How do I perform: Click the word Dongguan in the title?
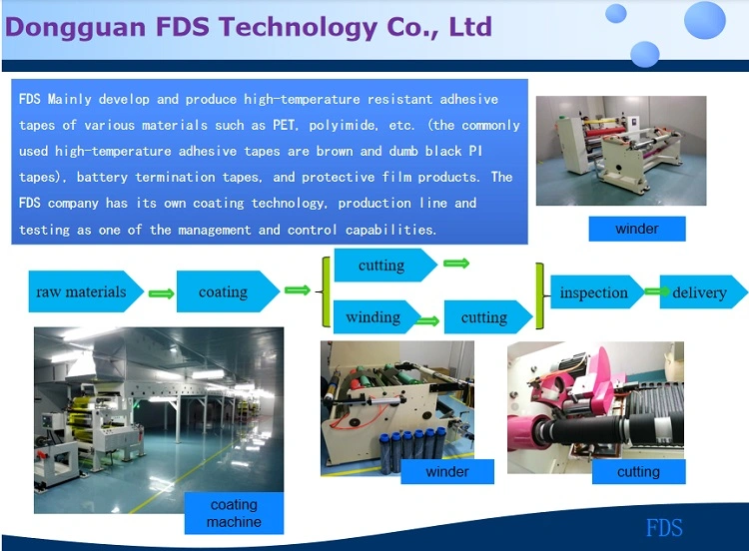click(x=76, y=28)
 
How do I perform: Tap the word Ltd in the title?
click(x=470, y=26)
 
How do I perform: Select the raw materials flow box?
click(x=86, y=291)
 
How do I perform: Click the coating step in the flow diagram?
click(x=228, y=291)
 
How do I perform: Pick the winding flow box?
click(x=377, y=317)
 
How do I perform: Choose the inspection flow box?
click(x=597, y=291)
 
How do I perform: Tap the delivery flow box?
click(x=704, y=291)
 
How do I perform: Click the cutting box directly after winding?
click(x=488, y=317)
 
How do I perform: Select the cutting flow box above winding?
click(x=385, y=265)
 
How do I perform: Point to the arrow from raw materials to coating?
click(x=161, y=293)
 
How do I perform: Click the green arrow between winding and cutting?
click(x=427, y=320)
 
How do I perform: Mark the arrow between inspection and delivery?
click(x=657, y=291)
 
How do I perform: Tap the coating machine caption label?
click(x=234, y=513)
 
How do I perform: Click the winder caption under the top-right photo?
click(x=637, y=229)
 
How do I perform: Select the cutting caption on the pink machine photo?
click(x=639, y=472)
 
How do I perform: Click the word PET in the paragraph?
click(x=283, y=125)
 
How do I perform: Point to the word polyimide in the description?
click(x=343, y=126)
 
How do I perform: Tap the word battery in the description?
click(x=102, y=178)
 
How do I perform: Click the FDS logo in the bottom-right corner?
click(x=664, y=528)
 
